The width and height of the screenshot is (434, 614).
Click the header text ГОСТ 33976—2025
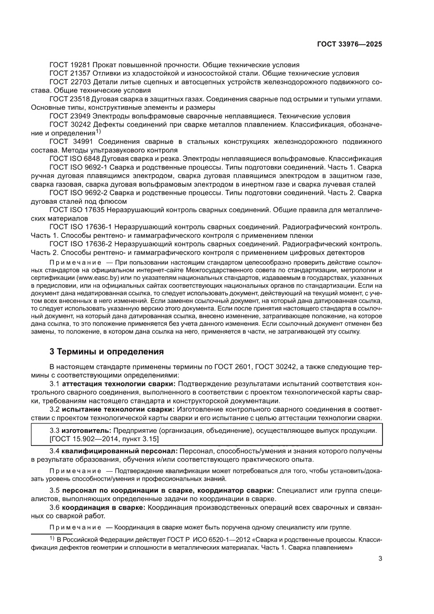coord(349,44)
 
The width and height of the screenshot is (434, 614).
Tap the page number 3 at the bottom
coord(380,558)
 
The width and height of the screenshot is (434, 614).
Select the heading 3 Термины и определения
coord(106,351)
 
